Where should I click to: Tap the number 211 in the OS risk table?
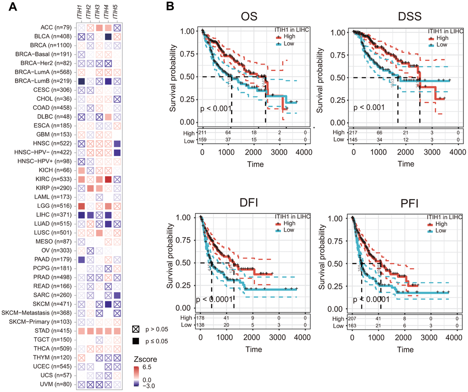(202, 133)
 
